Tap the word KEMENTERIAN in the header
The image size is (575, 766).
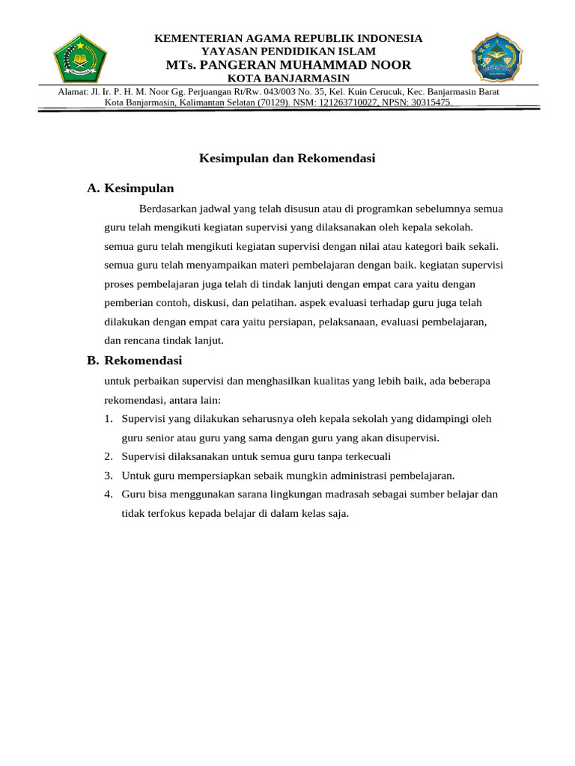(x=189, y=38)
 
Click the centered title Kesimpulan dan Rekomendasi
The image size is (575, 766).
(x=287, y=159)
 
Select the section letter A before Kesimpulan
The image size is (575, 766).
(x=93, y=189)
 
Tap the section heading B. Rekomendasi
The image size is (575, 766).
(x=135, y=361)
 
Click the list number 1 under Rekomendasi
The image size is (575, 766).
(x=109, y=419)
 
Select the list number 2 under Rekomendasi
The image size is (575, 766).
(x=109, y=456)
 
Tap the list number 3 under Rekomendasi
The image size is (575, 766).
(x=109, y=476)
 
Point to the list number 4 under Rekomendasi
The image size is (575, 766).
(x=109, y=494)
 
